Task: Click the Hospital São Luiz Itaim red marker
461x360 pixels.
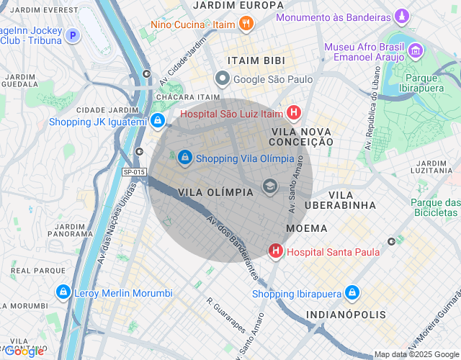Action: [x=293, y=113]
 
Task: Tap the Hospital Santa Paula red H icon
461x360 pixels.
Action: [x=275, y=251]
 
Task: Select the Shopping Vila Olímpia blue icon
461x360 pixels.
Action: [x=185, y=157]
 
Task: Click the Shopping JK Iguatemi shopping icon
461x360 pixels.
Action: [x=157, y=121]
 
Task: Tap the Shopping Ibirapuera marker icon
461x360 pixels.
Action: [x=352, y=293]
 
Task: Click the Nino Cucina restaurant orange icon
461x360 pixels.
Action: [x=246, y=24]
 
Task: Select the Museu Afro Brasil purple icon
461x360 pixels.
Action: [x=416, y=50]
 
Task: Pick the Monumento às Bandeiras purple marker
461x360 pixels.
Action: [x=402, y=16]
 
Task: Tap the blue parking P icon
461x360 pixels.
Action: [x=72, y=35]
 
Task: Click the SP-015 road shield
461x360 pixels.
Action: [x=134, y=172]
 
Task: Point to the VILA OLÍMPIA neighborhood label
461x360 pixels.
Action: [x=215, y=192]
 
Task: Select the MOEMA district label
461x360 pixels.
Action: [x=306, y=228]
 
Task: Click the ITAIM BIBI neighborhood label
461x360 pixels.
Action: [x=256, y=60]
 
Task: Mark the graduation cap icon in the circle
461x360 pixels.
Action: [x=270, y=186]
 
